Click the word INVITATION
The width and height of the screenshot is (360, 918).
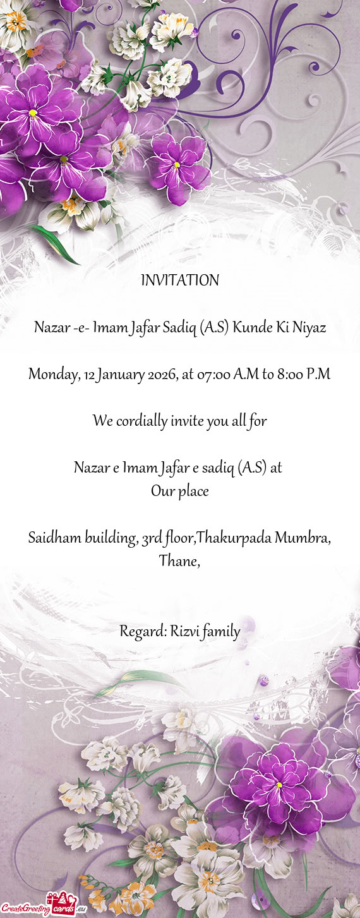pyautogui.click(x=180, y=281)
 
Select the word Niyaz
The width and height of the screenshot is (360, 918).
pyautogui.click(x=309, y=328)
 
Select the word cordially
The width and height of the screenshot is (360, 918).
pyautogui.click(x=141, y=421)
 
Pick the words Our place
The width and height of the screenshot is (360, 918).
pyautogui.click(x=180, y=491)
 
